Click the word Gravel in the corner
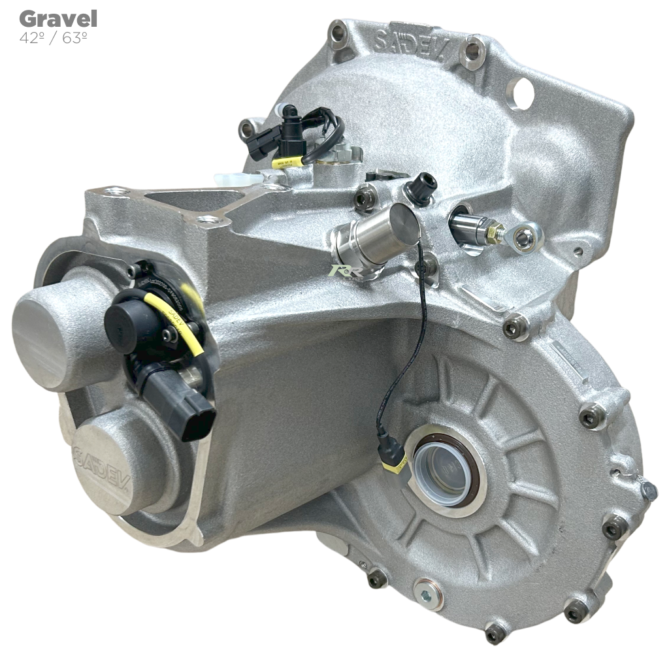click(58, 18)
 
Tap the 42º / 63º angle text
click(54, 38)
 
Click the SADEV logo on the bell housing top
click(410, 42)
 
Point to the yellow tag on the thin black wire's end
click(397, 466)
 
